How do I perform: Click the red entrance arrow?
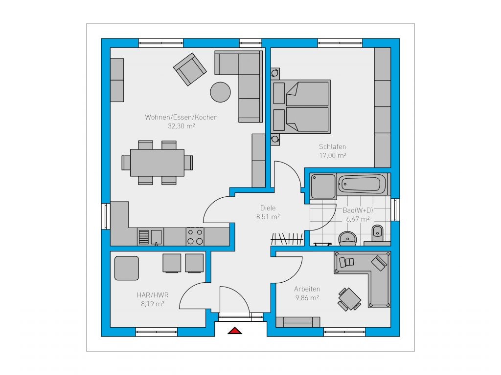click(x=235, y=331)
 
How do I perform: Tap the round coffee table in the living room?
click(x=220, y=92)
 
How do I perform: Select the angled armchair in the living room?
click(x=190, y=69)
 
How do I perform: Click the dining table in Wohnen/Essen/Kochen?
click(x=157, y=163)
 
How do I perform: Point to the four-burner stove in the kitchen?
click(x=195, y=236)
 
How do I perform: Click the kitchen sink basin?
click(x=156, y=237)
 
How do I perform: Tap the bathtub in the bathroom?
click(x=362, y=184)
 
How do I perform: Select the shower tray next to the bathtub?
click(x=323, y=186)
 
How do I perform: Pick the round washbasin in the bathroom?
click(x=348, y=238)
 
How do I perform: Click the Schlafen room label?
click(x=332, y=146)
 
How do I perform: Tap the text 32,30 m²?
click(x=181, y=126)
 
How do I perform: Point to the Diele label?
click(x=268, y=208)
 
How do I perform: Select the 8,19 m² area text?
click(x=153, y=304)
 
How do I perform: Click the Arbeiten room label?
click(x=307, y=289)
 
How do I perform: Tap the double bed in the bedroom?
click(x=301, y=106)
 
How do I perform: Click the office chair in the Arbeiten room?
click(x=349, y=299)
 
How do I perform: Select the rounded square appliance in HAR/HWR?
click(x=127, y=268)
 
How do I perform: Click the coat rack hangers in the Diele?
click(x=287, y=239)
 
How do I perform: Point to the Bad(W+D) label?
click(x=358, y=210)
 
